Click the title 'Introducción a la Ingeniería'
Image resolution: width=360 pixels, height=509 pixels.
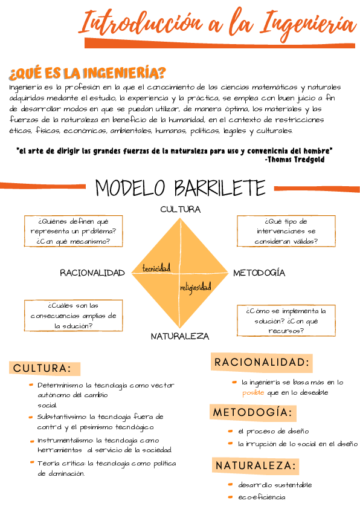[x=218, y=24]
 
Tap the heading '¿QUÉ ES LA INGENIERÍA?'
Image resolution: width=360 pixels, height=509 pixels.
[x=87, y=74]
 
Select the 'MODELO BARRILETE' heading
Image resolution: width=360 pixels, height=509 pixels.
[x=180, y=188]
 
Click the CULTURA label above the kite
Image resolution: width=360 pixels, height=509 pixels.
[x=180, y=209]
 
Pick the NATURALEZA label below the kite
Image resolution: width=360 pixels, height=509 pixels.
[x=180, y=336]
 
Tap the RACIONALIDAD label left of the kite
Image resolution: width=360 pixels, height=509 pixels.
[x=92, y=273]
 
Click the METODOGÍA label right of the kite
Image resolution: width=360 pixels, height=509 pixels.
[x=259, y=273]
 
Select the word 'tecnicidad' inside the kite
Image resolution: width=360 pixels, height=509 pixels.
[x=156, y=267]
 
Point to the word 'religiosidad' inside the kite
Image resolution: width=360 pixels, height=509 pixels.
[x=196, y=287]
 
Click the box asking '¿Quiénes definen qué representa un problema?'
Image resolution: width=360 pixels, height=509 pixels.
[x=73, y=231]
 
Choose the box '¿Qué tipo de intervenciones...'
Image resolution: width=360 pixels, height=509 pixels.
[x=286, y=231]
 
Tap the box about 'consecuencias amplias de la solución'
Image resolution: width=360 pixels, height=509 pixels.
[x=73, y=316]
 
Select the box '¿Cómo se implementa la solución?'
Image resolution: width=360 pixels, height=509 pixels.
[x=286, y=320]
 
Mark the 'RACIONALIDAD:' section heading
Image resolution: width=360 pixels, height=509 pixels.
[x=262, y=362]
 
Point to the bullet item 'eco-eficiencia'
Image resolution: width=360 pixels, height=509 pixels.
[x=262, y=497]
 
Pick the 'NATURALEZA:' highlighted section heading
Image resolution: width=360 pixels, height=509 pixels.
[x=257, y=465]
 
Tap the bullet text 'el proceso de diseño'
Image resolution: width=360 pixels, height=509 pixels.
[x=273, y=431]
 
